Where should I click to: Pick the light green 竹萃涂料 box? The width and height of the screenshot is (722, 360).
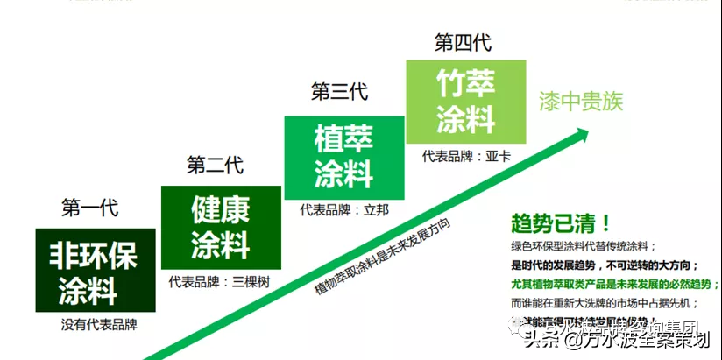466,101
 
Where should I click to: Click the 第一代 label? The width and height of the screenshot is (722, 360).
89,208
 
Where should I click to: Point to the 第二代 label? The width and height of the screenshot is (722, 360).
215,165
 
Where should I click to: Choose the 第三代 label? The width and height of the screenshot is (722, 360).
339,91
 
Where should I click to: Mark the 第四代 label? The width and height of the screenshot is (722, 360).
463,41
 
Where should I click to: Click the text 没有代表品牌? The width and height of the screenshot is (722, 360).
100,324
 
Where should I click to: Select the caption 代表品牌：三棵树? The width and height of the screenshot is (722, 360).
220,282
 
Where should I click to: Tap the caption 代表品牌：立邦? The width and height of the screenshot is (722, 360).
343,210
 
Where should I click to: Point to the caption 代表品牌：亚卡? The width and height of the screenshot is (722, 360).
466,156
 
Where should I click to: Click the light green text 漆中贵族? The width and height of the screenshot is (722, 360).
580,102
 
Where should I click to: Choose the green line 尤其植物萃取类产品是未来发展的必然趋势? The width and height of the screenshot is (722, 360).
614,284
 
